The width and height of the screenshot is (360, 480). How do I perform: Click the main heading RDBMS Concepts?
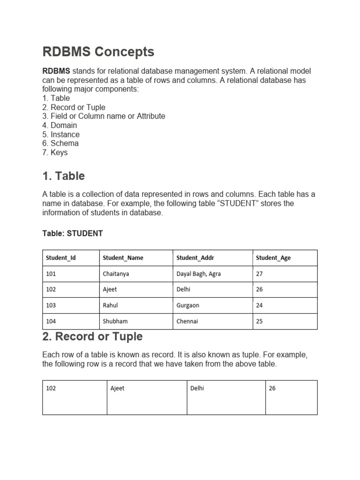98,52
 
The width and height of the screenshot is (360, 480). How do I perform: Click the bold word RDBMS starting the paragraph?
56,71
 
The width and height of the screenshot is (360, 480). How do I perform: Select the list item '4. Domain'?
60,125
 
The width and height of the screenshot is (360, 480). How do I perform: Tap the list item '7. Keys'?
55,152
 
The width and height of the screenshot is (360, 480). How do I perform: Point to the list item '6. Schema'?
60,143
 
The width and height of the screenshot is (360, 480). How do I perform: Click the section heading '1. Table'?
64,176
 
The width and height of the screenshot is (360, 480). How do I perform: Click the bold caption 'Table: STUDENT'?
73,233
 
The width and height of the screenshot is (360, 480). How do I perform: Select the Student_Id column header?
60,258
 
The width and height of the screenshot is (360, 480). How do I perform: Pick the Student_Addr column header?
195,258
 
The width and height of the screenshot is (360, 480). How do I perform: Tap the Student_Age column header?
273,258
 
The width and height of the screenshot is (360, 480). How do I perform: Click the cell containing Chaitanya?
116,274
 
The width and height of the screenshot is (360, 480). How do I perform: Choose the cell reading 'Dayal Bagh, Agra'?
198,274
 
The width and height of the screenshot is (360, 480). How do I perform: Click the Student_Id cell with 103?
51,305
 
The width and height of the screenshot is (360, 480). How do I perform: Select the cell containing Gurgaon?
188,305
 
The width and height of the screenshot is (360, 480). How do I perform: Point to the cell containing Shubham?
115,321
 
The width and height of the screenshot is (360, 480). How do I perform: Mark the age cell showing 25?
260,321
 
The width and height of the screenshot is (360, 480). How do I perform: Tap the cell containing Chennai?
187,321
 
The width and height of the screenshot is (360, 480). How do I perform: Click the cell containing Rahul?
110,305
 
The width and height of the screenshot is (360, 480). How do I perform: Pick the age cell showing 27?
260,274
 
